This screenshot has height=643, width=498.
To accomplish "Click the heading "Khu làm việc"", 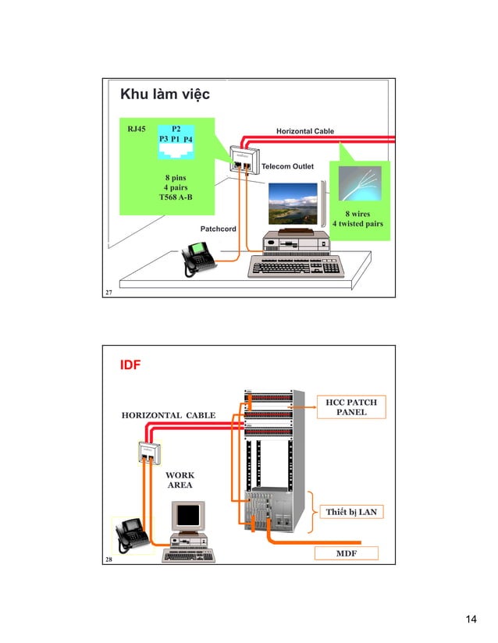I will pyautogui.click(x=163, y=96).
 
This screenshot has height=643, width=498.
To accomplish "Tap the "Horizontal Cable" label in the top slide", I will pyautogui.click(x=305, y=131).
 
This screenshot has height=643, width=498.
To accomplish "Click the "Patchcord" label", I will pyautogui.click(x=219, y=229).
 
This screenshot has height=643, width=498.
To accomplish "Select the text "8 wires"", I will pyautogui.click(x=357, y=212).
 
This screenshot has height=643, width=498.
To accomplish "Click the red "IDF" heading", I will pyautogui.click(x=129, y=364).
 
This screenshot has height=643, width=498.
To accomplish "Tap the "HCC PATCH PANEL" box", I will pyautogui.click(x=351, y=407).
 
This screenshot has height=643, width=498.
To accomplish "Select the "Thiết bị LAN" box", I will pyautogui.click(x=351, y=512).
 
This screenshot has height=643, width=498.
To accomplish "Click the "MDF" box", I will pyautogui.click(x=346, y=553).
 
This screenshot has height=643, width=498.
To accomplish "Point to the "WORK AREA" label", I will pyautogui.click(x=180, y=480).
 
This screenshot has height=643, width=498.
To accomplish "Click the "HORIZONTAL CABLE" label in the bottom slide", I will pyautogui.click(x=168, y=416).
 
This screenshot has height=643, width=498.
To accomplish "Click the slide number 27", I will pyautogui.click(x=110, y=291).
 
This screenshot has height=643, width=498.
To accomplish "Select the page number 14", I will pyautogui.click(x=470, y=620).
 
